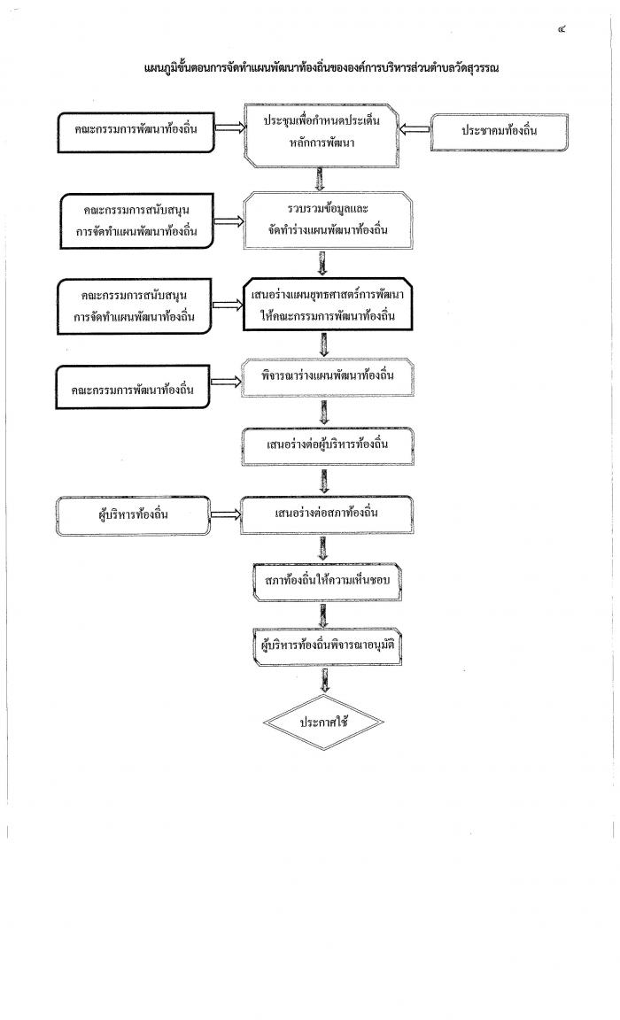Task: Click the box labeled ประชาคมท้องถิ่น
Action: [x=499, y=132]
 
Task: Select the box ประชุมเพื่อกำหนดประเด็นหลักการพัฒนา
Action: [x=322, y=135]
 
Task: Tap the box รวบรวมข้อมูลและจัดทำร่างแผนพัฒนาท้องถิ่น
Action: [x=327, y=220]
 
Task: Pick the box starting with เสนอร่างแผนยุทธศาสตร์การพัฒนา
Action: [x=327, y=305]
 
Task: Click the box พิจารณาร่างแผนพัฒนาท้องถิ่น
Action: [x=327, y=377]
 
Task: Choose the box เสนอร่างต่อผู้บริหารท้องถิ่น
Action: [x=327, y=446]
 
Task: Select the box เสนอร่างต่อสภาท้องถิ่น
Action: [x=327, y=514]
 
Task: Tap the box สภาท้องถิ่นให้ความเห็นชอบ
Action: [x=327, y=582]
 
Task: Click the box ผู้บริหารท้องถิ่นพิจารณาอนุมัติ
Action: [x=327, y=646]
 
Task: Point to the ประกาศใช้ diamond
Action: [x=323, y=722]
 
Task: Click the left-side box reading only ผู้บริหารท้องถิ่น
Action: [x=134, y=516]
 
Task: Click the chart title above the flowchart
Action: [x=322, y=67]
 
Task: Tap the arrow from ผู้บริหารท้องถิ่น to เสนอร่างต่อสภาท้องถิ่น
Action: [x=226, y=514]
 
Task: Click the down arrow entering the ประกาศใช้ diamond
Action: [x=324, y=680]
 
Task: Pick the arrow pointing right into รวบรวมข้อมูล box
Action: [x=229, y=221]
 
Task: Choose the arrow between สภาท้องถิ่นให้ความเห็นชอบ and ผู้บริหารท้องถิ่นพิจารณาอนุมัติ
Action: [x=323, y=614]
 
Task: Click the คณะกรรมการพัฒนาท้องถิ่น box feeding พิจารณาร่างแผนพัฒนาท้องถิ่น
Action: [x=133, y=387]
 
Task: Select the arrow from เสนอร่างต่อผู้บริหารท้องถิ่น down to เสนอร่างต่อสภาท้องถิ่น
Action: [x=324, y=481]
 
